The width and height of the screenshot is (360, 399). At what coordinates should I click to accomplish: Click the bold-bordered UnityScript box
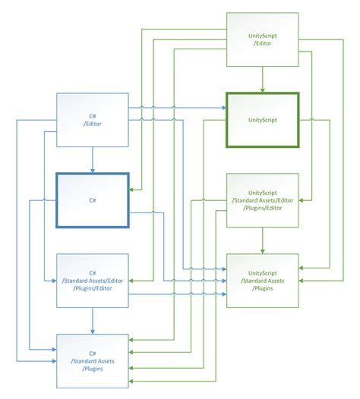[x=262, y=120]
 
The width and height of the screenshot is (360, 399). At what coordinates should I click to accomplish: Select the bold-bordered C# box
[x=93, y=200]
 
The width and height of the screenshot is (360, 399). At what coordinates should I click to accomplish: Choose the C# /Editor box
[x=93, y=120]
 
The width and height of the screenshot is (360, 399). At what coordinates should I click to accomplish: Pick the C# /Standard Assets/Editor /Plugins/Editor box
[x=93, y=281]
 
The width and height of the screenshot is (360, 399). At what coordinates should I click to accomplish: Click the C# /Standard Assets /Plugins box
[x=93, y=361]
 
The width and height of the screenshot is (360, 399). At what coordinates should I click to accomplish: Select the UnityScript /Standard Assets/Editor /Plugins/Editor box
[x=262, y=200]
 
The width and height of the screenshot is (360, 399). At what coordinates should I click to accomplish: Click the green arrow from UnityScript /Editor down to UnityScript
[x=262, y=79]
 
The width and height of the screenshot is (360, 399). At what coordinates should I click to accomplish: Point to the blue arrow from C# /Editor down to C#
[x=93, y=159]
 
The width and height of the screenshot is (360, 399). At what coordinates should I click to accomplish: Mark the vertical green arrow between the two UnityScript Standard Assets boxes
[x=262, y=240]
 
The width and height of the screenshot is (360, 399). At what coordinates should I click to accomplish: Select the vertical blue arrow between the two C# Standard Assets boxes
[x=93, y=320]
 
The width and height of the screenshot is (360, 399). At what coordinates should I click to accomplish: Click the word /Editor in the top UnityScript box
[x=262, y=44]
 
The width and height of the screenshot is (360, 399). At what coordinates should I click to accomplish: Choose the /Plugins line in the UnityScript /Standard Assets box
[x=262, y=288]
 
